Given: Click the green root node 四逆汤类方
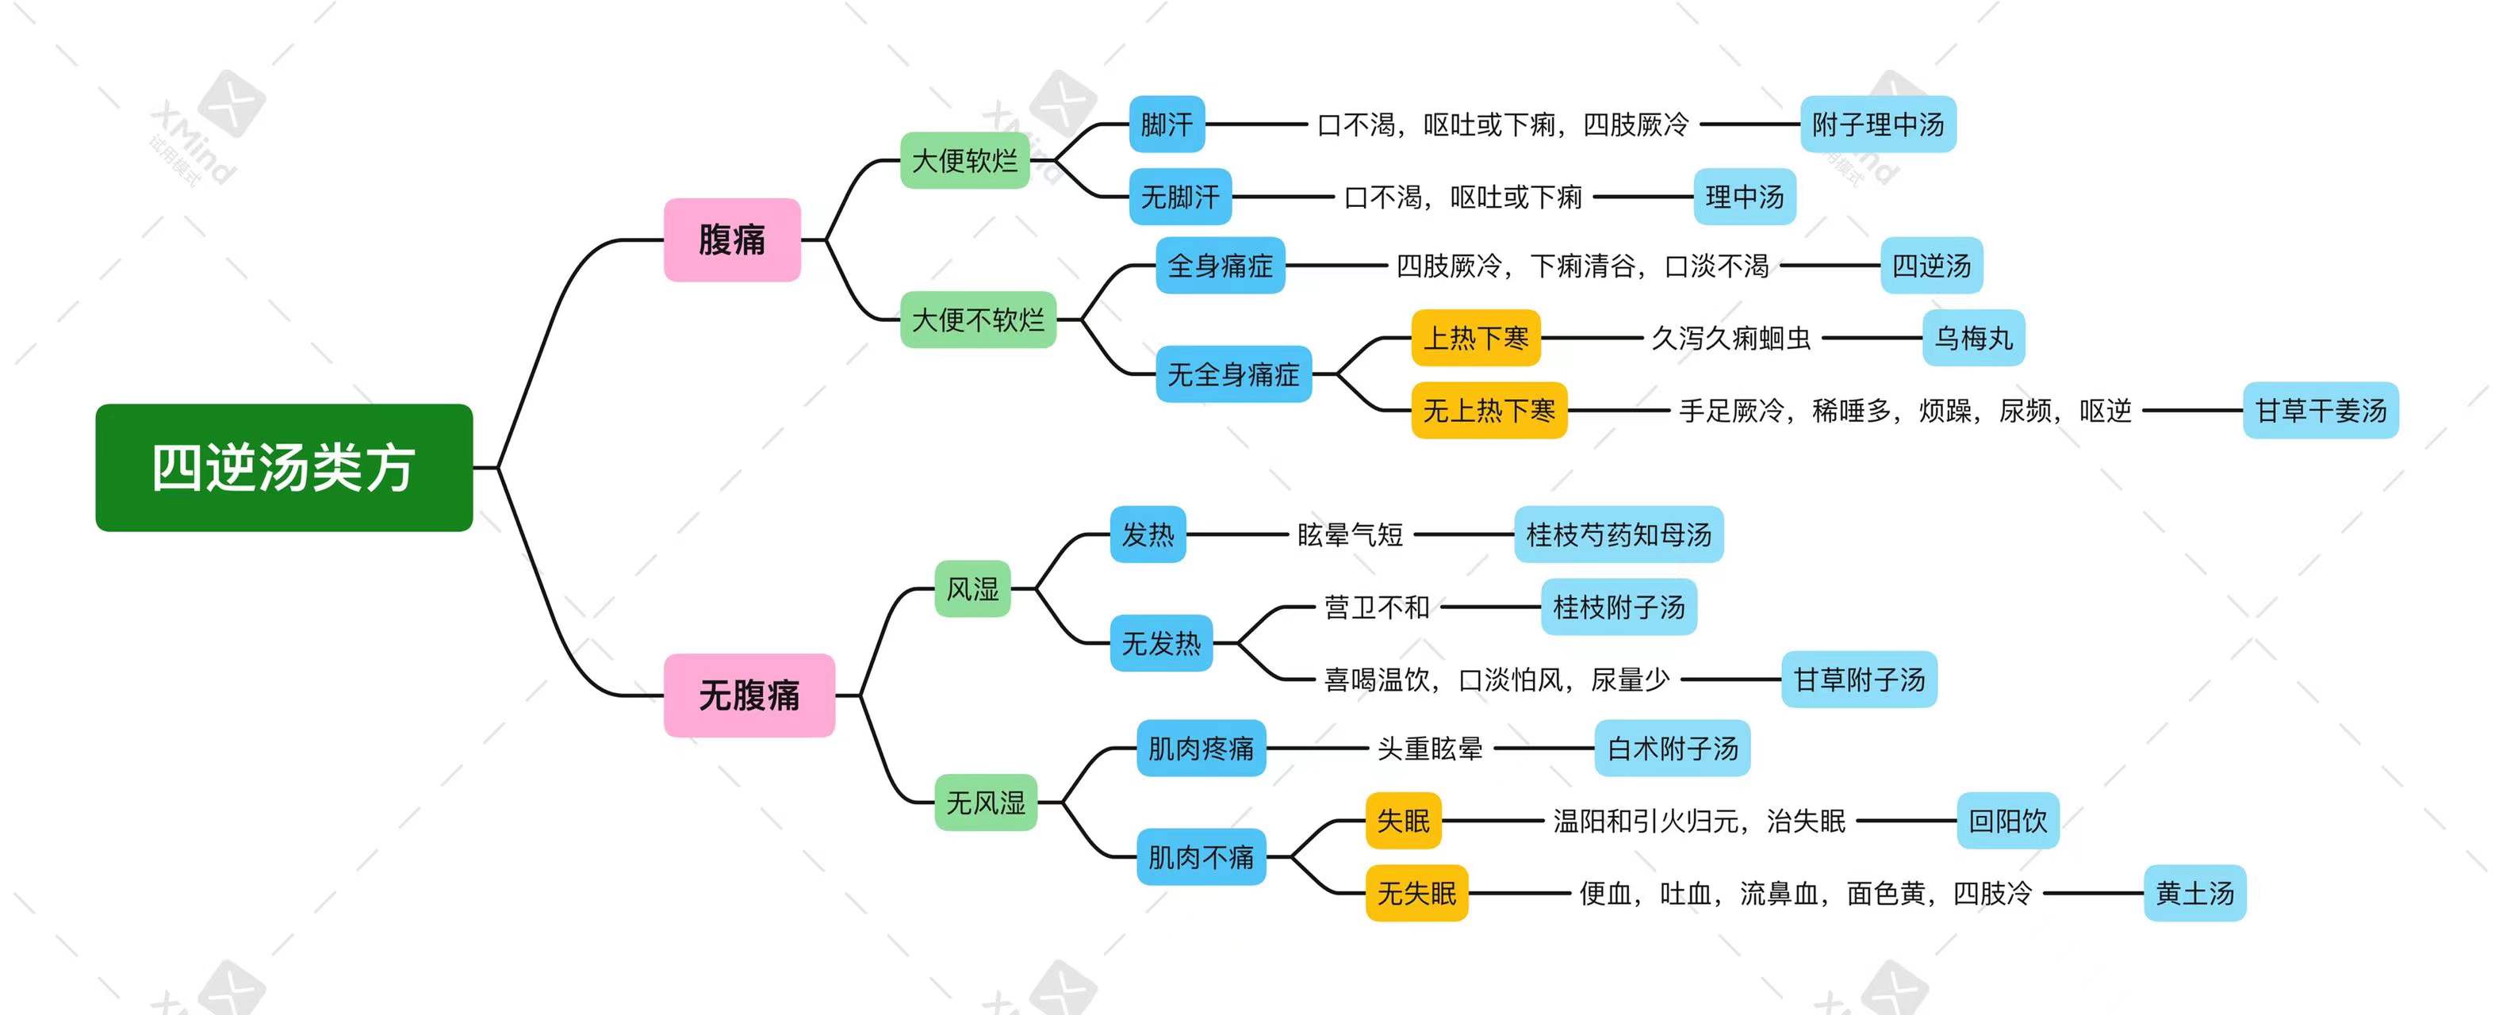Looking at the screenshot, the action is click(284, 468).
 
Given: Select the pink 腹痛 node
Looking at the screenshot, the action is click(732, 239).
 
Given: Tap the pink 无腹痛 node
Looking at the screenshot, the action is click(749, 695).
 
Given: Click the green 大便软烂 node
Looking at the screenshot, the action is click(964, 160).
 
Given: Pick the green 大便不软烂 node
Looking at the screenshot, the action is click(978, 319).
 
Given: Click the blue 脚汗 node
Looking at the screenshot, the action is click(1167, 124).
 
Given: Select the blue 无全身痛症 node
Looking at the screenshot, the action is click(1234, 373).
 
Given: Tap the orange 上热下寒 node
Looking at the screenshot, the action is click(1476, 338).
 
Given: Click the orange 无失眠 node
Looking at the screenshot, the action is click(1417, 892).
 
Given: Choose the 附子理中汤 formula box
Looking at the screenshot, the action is click(1878, 124).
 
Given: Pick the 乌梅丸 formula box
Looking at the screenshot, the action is click(1974, 338).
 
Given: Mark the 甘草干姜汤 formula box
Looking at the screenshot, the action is click(2321, 411).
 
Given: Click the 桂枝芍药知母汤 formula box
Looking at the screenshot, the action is click(1619, 534).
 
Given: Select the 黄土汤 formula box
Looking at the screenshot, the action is click(2194, 892).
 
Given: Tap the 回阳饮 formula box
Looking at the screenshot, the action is click(2008, 821).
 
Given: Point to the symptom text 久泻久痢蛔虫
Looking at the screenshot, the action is click(1730, 338).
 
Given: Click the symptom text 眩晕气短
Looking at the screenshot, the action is click(1350, 534).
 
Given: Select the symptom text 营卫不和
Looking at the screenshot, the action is click(1376, 607).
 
